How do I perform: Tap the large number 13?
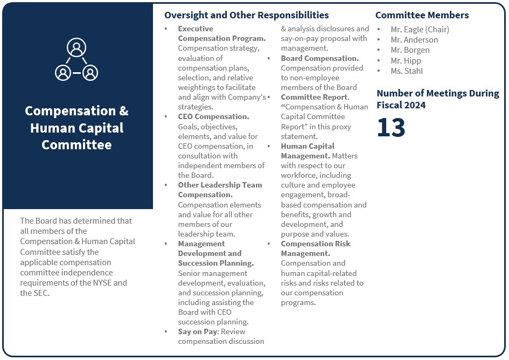point(391,128)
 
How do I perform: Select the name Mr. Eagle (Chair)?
point(420,30)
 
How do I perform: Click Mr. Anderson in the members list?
point(414,40)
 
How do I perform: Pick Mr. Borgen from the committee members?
point(410,50)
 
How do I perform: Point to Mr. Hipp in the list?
point(406,61)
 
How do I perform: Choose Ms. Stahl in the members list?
point(407,71)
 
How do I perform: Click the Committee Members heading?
point(422,15)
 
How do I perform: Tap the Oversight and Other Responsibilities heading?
point(246,15)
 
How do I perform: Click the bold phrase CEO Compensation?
point(213,116)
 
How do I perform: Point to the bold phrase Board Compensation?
point(319,58)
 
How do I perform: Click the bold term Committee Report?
point(315,97)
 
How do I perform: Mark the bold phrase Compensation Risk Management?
point(315,248)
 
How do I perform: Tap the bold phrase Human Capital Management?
point(308,151)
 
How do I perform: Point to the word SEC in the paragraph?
point(41,293)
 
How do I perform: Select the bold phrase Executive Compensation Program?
point(221,33)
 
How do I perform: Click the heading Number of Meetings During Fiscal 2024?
point(437,99)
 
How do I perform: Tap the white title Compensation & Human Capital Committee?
point(76,128)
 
